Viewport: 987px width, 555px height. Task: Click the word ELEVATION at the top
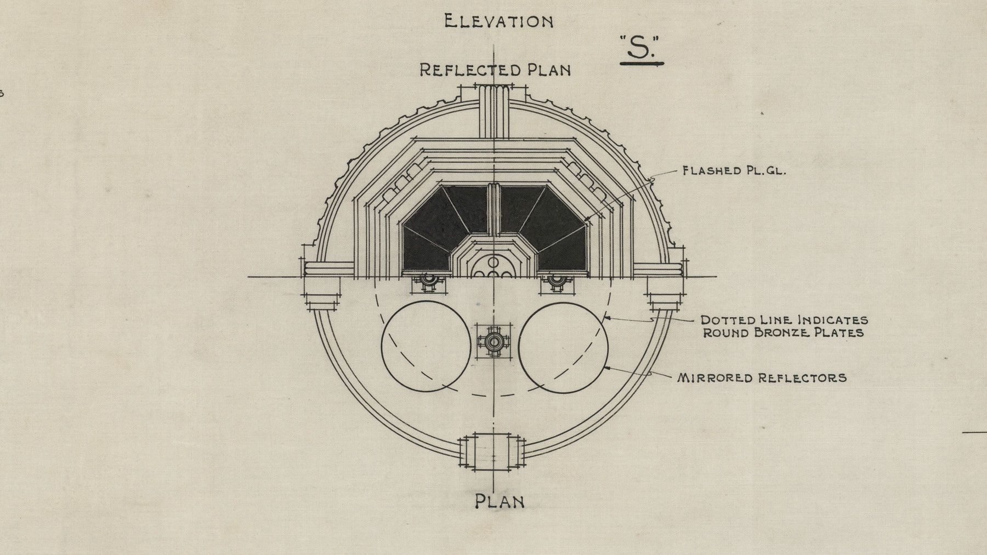[x=498, y=22]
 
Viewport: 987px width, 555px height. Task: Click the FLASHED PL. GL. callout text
[x=734, y=171]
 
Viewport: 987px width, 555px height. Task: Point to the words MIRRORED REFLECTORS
[x=762, y=377]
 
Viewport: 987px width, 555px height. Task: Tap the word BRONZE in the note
[x=786, y=333]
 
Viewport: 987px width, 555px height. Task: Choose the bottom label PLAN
[x=499, y=501]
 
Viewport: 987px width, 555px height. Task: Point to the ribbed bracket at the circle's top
[x=495, y=110]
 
